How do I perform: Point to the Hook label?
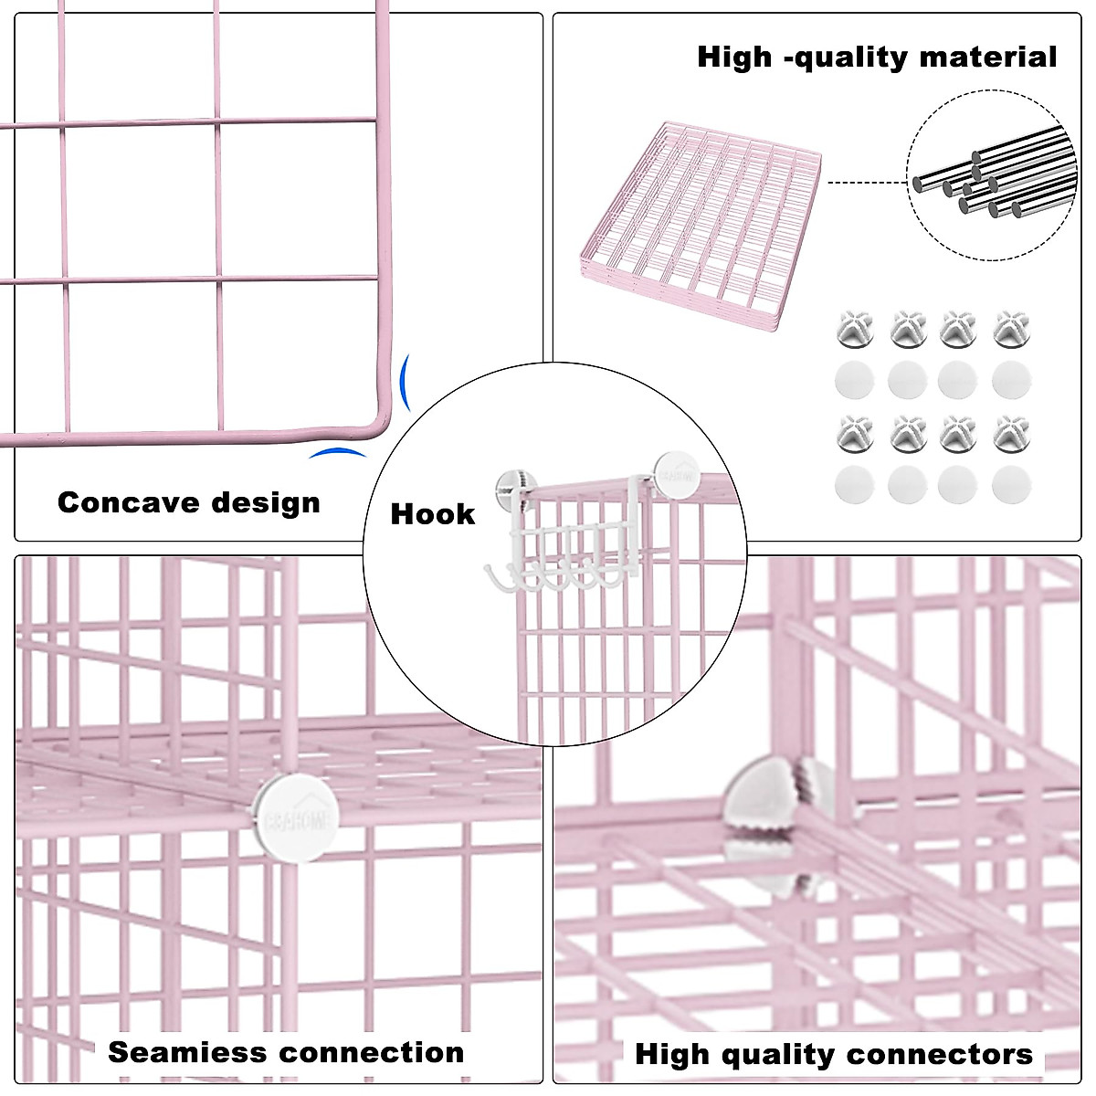(432, 514)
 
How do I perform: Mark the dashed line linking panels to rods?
(865, 183)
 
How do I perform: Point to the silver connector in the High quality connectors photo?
(776, 804)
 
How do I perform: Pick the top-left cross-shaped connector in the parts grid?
(854, 327)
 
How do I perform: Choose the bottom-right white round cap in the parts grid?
(1010, 485)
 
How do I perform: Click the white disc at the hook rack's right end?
(674, 473)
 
